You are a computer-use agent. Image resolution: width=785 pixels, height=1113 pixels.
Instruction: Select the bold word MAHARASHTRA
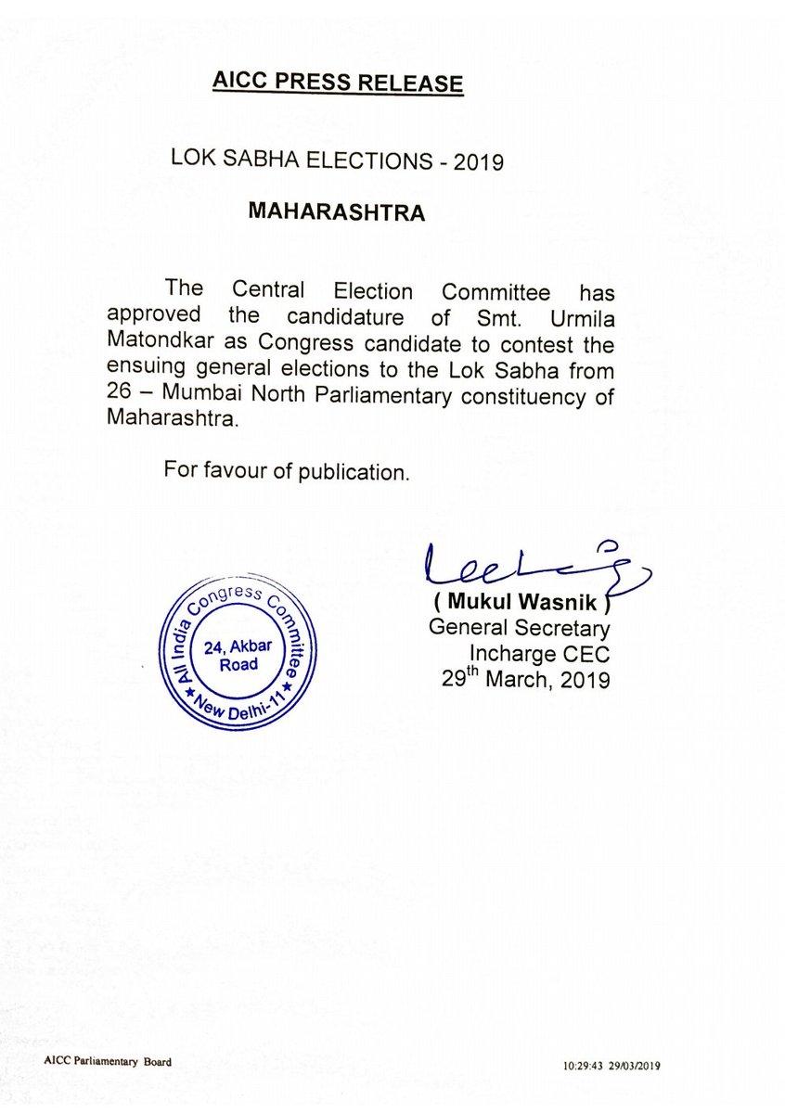tap(337, 212)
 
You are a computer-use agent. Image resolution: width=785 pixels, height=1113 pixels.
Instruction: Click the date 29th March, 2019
tap(525, 681)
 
